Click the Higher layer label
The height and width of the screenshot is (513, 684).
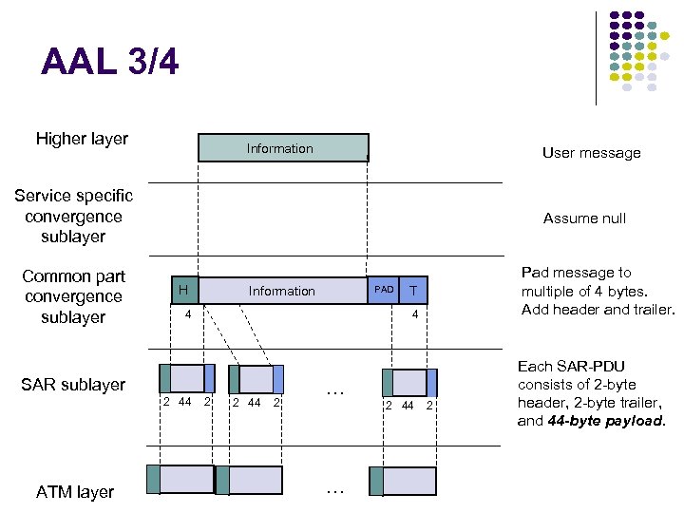82,139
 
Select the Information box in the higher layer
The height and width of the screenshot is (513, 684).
282,148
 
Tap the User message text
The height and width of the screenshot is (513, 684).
591,152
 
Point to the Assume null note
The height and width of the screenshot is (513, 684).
584,218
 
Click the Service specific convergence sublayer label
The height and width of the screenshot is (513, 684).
73,216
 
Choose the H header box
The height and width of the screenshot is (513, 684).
183,290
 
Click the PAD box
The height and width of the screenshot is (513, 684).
383,290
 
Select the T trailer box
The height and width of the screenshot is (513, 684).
412,290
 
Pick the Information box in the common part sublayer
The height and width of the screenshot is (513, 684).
282,291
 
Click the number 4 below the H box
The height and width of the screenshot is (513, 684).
188,313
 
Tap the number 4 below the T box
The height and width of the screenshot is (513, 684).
414,313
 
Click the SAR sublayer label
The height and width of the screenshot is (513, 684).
73,385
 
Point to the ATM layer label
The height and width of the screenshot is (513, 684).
75,491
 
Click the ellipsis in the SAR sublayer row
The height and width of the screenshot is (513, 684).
333,389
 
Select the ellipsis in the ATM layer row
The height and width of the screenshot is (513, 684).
333,490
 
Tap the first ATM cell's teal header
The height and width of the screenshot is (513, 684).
153,480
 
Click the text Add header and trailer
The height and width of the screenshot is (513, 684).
598,310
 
